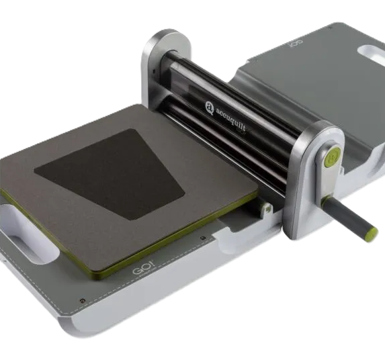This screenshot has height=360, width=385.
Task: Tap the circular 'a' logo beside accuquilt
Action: coord(210,107)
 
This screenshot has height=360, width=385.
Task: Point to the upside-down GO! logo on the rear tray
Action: coord(296,44)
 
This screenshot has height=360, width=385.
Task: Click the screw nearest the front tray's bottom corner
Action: coord(83,301)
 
